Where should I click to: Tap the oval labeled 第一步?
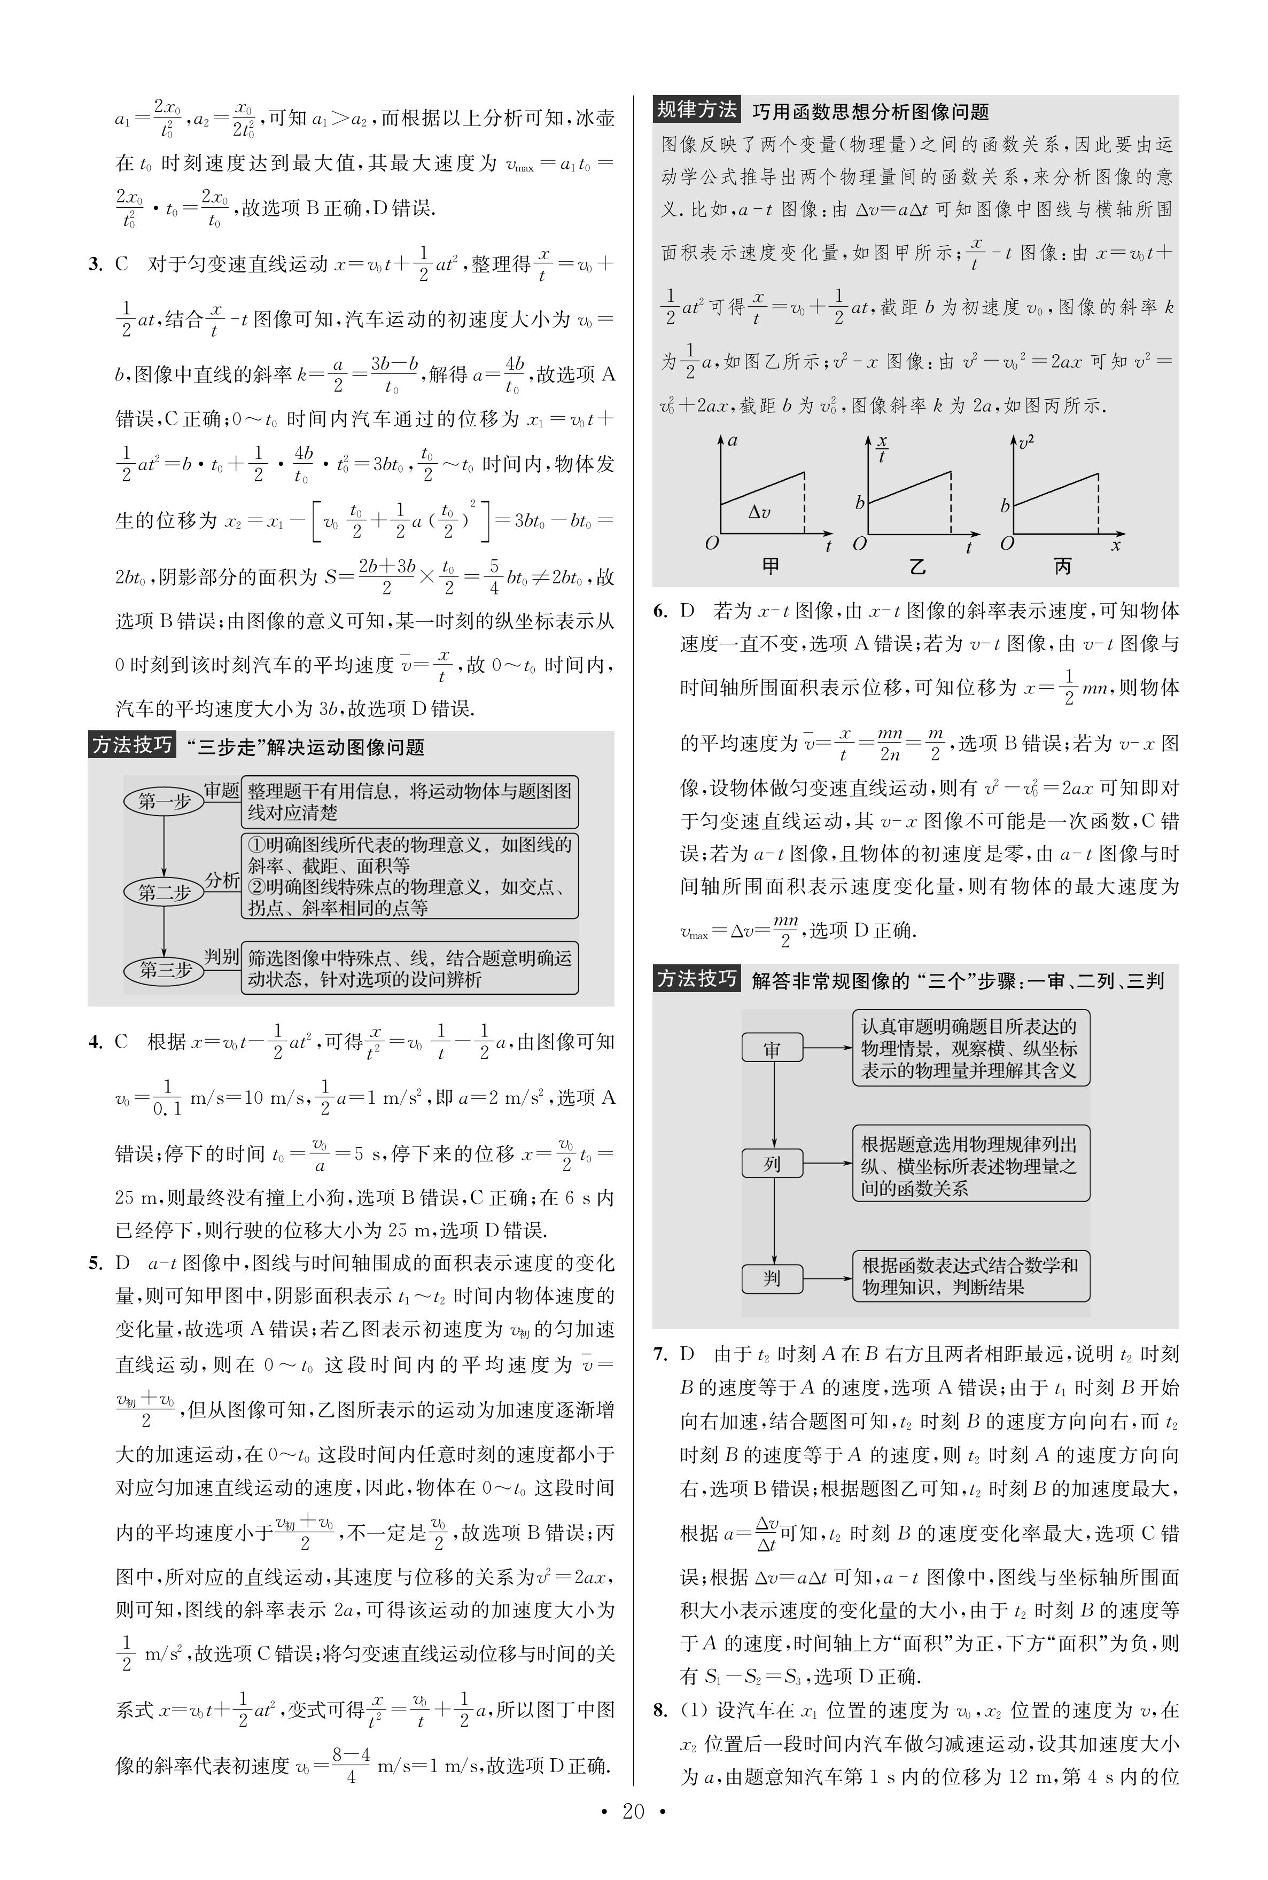coord(164,801)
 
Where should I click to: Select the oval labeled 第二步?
coord(164,892)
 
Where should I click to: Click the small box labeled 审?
coord(772,1049)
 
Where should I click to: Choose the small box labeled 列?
coord(772,1164)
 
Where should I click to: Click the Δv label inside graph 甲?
coord(759,512)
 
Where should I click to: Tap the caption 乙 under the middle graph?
coord(917,566)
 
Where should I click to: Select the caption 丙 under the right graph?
coord(1063,566)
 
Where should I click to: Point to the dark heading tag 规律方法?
coord(696,110)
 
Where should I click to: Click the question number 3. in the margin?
coord(96,264)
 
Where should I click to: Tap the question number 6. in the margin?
coord(660,611)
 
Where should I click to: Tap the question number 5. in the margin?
coord(96,1263)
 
